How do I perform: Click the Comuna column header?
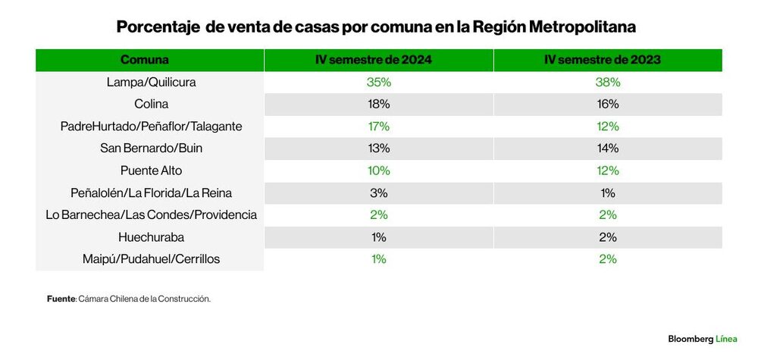144,60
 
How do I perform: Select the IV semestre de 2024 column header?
378,60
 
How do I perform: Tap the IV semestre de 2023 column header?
608,60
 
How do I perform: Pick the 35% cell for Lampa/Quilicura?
378,82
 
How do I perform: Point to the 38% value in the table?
608,82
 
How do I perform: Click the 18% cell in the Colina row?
378,104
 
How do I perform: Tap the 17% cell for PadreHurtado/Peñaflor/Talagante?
378,126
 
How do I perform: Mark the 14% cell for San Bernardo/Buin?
608,148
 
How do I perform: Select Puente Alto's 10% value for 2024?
378,171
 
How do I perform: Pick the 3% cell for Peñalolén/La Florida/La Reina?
378,193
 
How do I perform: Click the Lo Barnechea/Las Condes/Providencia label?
150,214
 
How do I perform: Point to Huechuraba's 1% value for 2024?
378,237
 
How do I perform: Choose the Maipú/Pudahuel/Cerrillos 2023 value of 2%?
608,259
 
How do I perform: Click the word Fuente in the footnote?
61,299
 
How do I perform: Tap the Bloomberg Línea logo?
702,339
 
